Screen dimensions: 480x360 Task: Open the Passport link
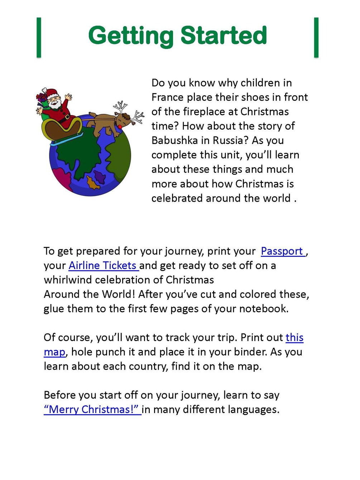(x=282, y=251)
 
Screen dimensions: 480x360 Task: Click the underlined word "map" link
(x=54, y=352)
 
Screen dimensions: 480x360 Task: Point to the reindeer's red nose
(x=119, y=126)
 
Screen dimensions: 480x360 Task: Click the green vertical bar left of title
(x=39, y=37)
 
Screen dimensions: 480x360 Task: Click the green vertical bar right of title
(x=316, y=37)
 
